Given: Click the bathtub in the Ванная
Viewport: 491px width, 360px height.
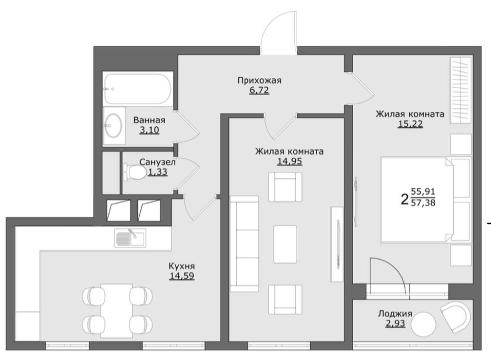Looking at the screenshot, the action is tap(138, 89).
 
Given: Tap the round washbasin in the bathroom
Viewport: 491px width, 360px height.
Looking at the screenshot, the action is tap(113, 125).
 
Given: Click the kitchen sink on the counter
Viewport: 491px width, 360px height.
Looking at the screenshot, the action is tap(130, 238).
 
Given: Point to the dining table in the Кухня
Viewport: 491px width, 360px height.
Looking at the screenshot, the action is tap(116, 311).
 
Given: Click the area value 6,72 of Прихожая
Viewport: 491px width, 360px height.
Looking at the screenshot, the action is tap(259, 91).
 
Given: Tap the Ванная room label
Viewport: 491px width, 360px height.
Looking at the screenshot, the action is tap(149, 120).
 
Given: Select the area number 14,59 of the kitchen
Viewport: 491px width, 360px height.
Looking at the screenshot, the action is tap(182, 276).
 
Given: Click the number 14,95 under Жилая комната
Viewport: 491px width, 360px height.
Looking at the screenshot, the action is tap(289, 161).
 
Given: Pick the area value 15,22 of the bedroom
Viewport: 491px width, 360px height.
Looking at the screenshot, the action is tap(410, 124).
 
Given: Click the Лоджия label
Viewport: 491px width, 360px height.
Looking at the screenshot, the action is tap(395, 314).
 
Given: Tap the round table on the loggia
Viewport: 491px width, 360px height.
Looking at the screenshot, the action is tap(423, 324).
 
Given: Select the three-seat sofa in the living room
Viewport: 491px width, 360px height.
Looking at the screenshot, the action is tap(245, 244).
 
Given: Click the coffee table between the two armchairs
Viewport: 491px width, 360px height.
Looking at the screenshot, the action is tap(285, 244).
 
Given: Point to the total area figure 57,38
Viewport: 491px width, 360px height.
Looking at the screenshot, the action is tap(423, 203).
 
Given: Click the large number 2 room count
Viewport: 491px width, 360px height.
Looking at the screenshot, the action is tap(405, 199).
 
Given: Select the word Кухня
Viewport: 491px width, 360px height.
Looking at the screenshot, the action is tap(182, 266).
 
